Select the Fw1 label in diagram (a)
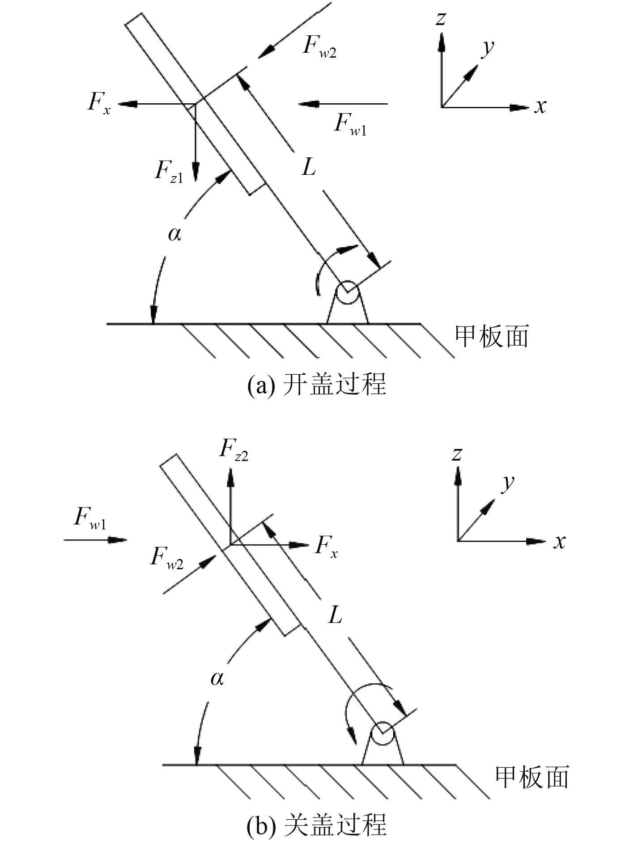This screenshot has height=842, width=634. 350,124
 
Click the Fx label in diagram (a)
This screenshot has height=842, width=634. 99,104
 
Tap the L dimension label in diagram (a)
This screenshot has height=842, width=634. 309,168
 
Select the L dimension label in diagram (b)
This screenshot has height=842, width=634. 335,615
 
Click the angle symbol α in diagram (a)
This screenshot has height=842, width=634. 174,233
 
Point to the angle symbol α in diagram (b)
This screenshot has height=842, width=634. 217,679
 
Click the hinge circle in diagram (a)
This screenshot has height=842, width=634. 348,293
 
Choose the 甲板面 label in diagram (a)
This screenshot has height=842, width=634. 491,336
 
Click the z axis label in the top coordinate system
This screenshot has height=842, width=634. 441,19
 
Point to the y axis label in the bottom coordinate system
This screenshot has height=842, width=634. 507,483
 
